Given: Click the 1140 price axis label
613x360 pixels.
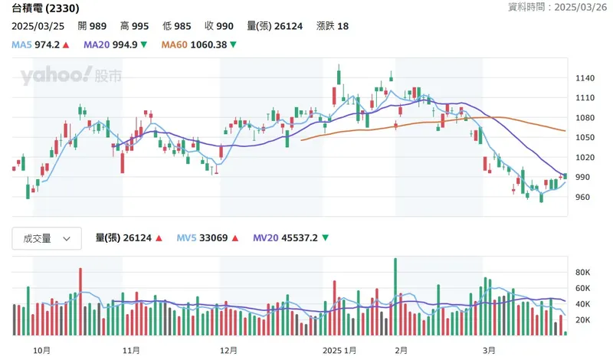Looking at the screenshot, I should pyautogui.click(x=585, y=78).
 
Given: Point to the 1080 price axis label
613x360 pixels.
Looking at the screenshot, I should pyautogui.click(x=585, y=118).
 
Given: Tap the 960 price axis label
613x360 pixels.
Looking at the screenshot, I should pyautogui.click(x=582, y=198).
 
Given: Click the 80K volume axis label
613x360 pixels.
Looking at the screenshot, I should pyautogui.click(x=584, y=272).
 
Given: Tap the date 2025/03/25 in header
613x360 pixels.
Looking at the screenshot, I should pyautogui.click(x=38, y=26).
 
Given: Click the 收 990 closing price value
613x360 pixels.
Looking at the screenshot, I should pyautogui.click(x=225, y=26).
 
